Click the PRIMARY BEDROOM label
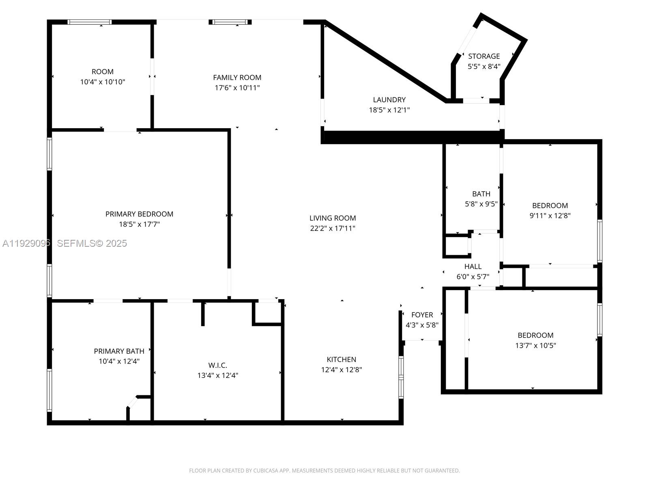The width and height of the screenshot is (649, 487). [x=139, y=214]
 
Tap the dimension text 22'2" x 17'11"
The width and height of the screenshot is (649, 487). [x=333, y=228]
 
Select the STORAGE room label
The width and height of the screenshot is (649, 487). [x=484, y=56]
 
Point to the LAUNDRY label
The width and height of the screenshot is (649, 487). [x=389, y=99]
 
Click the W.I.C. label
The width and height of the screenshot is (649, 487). [x=217, y=365]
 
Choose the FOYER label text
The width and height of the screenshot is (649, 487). [x=422, y=315]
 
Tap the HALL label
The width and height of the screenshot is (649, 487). [x=473, y=266]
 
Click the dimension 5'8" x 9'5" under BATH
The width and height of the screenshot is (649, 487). [x=481, y=204]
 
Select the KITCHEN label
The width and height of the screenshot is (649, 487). [x=342, y=359]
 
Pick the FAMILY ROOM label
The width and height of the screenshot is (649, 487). [x=237, y=77]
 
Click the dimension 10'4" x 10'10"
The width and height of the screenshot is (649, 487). [x=103, y=82]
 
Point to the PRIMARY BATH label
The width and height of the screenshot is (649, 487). [x=119, y=351]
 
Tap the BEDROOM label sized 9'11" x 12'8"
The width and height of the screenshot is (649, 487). [x=550, y=205]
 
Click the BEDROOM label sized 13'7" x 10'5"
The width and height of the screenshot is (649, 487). [x=535, y=335]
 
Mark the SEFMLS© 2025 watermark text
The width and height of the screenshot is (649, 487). [x=92, y=243]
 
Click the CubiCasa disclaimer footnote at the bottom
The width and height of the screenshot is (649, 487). [x=324, y=471]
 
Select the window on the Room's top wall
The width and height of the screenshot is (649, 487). [x=89, y=22]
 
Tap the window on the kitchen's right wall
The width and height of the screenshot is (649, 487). [x=401, y=377]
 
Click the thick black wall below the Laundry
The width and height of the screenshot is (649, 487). [x=412, y=137]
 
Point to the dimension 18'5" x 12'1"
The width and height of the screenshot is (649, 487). [x=389, y=110]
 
